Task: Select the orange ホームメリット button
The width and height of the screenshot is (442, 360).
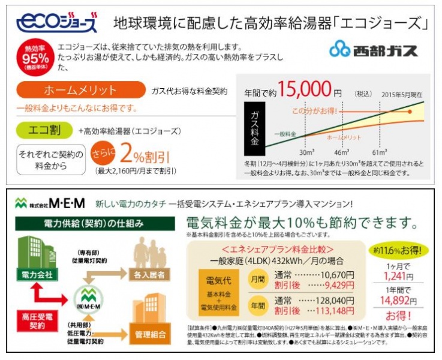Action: [81, 91]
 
